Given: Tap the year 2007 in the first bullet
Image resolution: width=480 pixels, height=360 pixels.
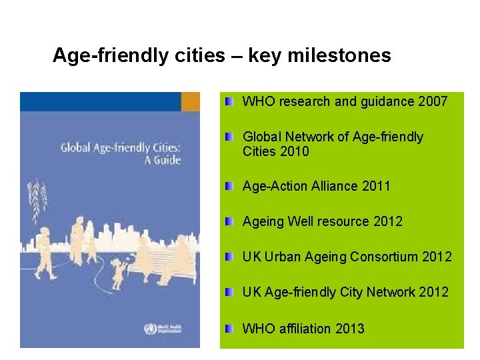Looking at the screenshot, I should (x=433, y=102).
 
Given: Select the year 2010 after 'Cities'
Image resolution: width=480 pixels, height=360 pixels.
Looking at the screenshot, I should (x=295, y=151).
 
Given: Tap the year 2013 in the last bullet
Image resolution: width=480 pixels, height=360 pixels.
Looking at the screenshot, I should (x=350, y=328).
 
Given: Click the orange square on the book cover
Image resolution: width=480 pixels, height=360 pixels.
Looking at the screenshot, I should (x=191, y=101).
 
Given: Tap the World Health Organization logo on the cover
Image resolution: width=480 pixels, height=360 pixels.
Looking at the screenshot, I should (x=150, y=329).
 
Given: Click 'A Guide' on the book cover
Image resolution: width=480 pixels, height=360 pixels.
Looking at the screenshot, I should (x=160, y=160).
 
